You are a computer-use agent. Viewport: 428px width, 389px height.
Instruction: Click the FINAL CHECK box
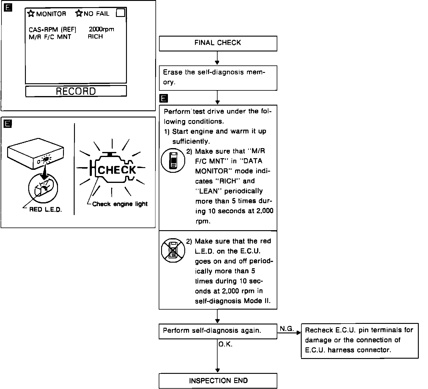coord(218,43)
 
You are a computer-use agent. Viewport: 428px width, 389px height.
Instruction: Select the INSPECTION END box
coord(218,381)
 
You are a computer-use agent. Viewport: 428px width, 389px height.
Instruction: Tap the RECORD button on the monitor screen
coord(76,91)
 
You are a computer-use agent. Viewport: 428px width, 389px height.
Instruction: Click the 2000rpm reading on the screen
coord(101,29)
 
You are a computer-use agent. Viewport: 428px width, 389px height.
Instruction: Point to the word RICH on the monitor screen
coord(95,37)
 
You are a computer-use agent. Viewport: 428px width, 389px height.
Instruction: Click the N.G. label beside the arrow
coord(287,329)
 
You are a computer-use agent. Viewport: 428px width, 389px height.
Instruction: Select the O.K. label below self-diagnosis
coord(226,344)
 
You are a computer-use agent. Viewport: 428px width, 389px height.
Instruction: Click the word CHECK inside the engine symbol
coord(117,170)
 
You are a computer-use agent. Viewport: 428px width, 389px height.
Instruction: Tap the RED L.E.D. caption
coord(45,210)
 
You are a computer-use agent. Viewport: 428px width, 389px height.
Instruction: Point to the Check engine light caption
coord(120,204)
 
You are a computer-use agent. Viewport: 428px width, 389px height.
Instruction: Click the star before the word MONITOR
coord(31,13)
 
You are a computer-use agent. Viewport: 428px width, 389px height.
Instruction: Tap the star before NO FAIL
coord(79,13)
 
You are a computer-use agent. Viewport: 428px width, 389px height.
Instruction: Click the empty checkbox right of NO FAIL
coord(120,13)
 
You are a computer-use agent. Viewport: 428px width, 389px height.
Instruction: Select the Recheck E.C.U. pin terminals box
coord(360,341)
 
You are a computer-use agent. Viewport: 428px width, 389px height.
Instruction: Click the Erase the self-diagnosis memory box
coord(218,78)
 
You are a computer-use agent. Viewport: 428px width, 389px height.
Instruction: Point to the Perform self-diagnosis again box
coord(218,331)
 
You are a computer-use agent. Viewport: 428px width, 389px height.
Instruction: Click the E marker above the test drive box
coord(163,98)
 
